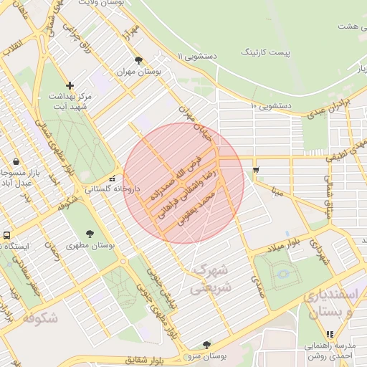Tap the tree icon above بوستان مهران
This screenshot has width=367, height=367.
click(138, 61)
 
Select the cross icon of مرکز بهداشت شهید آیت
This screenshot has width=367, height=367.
click(70, 85)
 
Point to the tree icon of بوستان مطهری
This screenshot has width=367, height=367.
click(90, 234)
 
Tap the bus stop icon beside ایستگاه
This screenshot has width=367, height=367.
click(7, 235)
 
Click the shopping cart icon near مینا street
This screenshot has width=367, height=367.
click(256, 170)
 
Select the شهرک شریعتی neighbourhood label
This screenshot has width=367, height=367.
click(209, 280)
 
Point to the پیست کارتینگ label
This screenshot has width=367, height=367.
click(267, 52)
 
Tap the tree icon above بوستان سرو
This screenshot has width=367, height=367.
click(206, 345)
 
